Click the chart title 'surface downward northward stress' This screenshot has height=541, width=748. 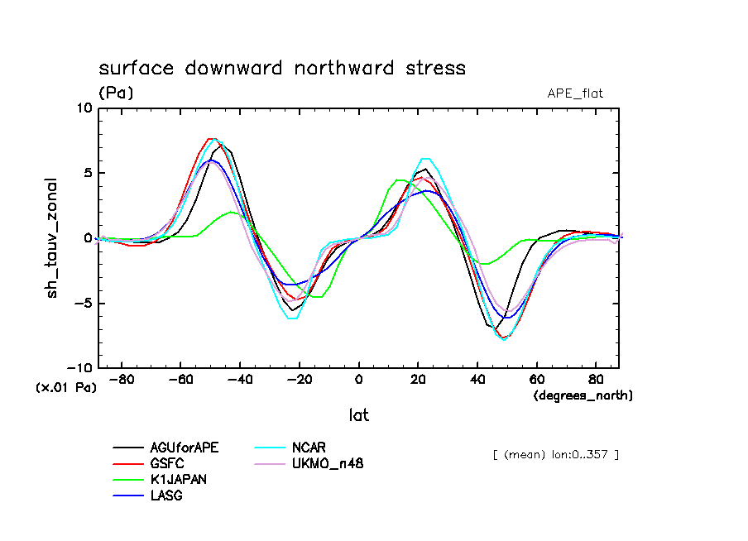click(x=282, y=69)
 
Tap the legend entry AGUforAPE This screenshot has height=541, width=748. click(x=185, y=448)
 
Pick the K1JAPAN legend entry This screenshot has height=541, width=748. click(x=177, y=479)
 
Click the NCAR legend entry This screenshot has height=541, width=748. click(x=309, y=448)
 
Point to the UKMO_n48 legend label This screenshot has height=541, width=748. click(x=328, y=463)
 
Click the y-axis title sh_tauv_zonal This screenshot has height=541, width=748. click(x=52, y=237)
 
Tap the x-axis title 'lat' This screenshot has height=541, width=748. click(x=358, y=415)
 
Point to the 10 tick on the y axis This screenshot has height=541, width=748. click(x=84, y=108)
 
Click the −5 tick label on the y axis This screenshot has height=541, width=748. click(x=81, y=303)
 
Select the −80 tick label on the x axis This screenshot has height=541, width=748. click(x=122, y=381)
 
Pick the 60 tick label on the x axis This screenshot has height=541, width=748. click(x=536, y=381)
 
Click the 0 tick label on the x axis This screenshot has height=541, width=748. click(x=358, y=381)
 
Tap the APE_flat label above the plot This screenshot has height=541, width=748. click(x=575, y=93)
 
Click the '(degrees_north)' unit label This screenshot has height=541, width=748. click(x=583, y=395)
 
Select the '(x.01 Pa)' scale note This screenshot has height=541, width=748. click(x=65, y=387)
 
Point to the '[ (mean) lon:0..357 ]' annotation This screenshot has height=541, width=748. click(x=554, y=454)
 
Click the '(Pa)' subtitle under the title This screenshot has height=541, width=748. click(x=116, y=93)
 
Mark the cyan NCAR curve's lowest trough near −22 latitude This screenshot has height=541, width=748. click(x=292, y=318)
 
